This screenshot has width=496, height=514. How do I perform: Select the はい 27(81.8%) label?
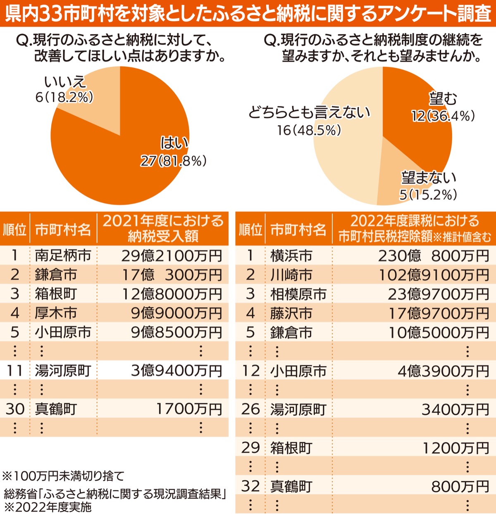click(174, 152)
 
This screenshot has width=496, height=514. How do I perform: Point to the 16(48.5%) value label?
click(309, 130)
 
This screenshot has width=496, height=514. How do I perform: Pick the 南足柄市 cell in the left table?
click(63, 256)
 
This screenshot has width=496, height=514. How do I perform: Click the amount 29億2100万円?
click(172, 256)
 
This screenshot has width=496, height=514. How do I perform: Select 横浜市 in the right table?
click(291, 256)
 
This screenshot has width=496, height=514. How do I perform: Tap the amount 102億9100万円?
click(434, 275)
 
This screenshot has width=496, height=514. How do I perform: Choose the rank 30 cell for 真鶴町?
click(15, 409)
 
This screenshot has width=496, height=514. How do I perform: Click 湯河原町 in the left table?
click(63, 371)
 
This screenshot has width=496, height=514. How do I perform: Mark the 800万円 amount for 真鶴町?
click(460, 487)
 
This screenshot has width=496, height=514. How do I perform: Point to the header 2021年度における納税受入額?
click(163, 228)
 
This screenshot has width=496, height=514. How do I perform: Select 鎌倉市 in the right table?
click(291, 333)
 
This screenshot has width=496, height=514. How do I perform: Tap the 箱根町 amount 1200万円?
click(455, 448)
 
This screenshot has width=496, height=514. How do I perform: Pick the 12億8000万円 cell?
click(172, 294)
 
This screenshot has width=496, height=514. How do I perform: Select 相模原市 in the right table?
click(298, 294)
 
